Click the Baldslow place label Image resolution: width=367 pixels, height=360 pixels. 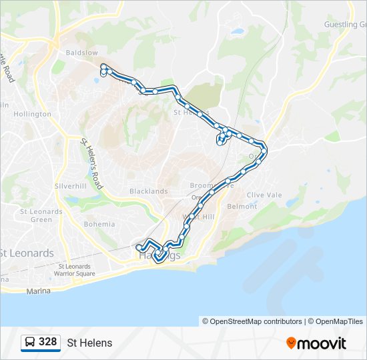tap(81, 53)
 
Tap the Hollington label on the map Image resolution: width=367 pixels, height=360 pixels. tap(32, 114)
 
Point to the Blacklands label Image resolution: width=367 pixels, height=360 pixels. tap(148, 191)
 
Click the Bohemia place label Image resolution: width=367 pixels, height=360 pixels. tap(99, 224)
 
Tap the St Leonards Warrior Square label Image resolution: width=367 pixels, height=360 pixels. tap(74, 270)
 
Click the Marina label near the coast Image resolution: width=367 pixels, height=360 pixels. tap(38, 291)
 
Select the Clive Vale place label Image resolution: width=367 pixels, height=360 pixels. tap(266, 195)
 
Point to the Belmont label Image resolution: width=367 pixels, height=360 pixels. tap(242, 207)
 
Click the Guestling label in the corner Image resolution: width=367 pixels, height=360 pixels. tap(344, 25)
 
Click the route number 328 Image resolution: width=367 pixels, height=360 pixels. tap(47, 342)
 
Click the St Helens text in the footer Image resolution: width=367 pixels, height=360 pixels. tap(89, 343)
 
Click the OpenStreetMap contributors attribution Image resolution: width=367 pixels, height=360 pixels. tap(252, 321)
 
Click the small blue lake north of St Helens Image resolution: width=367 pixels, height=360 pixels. tap(237, 31)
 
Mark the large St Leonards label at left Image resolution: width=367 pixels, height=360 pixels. tap(27, 253)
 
